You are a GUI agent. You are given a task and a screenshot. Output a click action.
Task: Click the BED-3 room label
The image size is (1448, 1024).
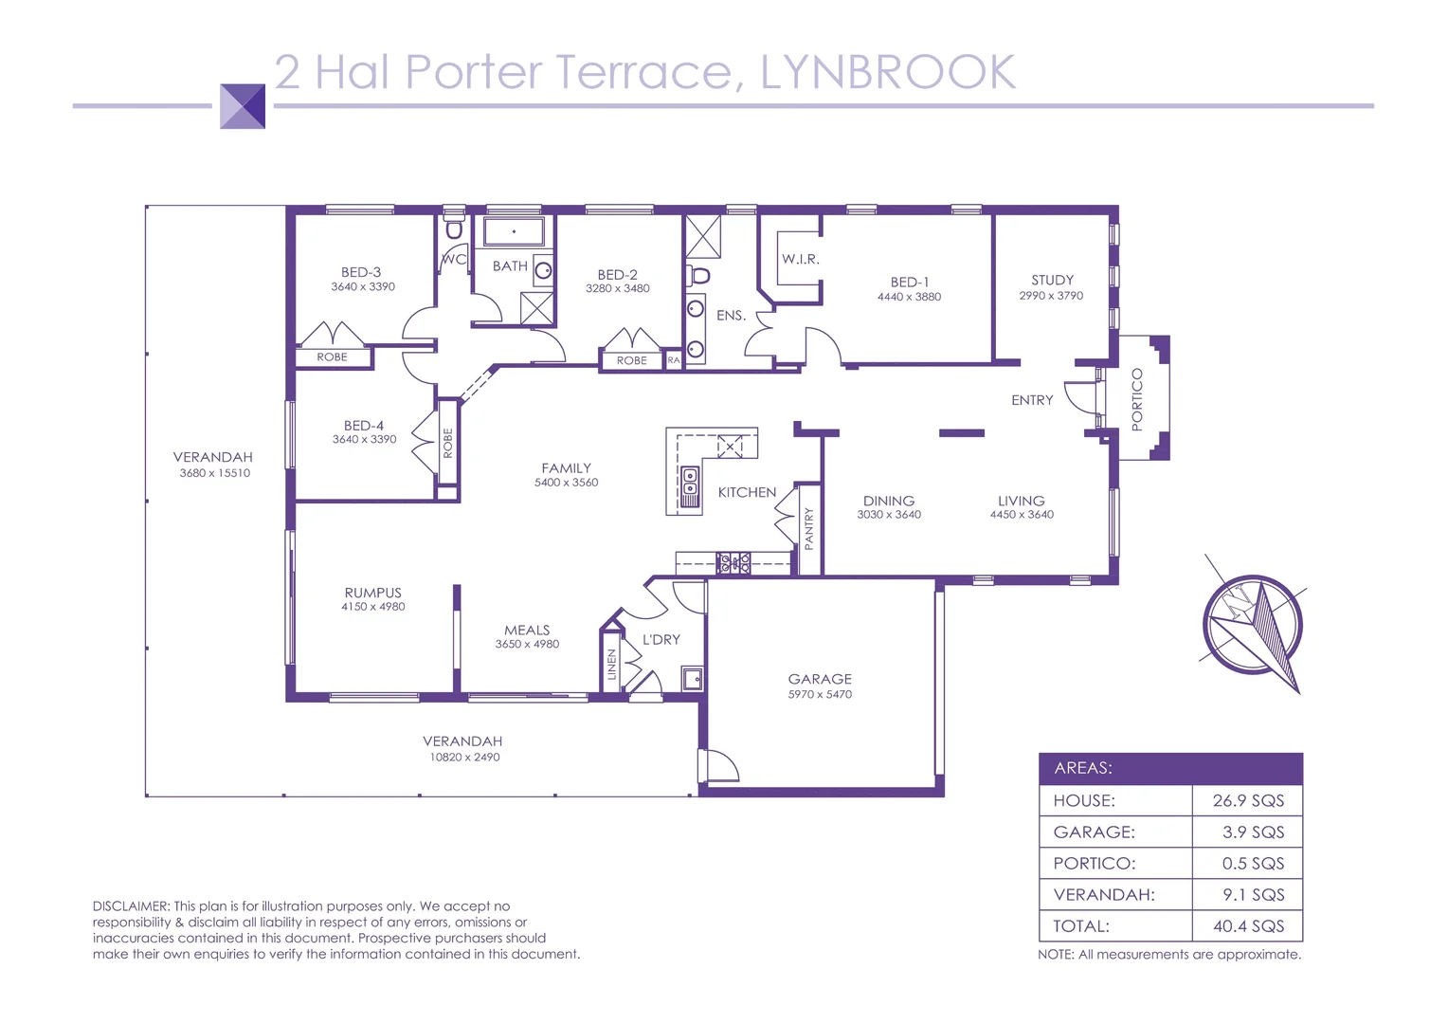(x=361, y=272)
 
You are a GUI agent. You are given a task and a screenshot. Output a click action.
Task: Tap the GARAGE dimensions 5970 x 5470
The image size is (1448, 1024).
(x=820, y=695)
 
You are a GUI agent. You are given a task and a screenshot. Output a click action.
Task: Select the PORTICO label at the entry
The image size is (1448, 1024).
(x=1137, y=399)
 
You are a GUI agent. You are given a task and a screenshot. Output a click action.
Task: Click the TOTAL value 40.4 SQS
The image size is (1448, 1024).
(x=1248, y=926)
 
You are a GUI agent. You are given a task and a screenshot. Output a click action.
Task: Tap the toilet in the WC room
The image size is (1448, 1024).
(x=454, y=229)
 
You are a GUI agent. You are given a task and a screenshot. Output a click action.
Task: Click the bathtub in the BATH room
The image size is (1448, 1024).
(x=514, y=231)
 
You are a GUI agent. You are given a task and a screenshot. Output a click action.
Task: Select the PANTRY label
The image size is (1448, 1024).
(x=809, y=528)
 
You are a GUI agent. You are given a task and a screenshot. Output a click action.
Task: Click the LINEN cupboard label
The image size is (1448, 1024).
(x=612, y=664)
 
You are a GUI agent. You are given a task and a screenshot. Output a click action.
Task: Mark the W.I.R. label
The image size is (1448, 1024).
(x=801, y=259)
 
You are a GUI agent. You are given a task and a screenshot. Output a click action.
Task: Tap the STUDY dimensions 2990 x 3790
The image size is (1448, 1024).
(x=1051, y=296)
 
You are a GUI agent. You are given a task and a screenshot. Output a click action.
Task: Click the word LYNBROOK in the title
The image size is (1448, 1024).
(x=888, y=72)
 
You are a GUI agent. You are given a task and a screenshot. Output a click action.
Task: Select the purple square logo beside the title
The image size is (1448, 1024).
(x=243, y=106)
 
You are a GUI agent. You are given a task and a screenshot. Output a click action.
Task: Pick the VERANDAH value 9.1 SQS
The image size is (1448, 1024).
(x=1253, y=895)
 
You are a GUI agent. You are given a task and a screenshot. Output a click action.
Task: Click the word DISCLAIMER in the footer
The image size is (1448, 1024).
(x=131, y=906)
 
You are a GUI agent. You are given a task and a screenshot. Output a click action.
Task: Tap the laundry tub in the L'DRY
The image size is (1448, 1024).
(x=693, y=678)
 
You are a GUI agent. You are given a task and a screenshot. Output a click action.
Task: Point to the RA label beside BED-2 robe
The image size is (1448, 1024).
(x=673, y=360)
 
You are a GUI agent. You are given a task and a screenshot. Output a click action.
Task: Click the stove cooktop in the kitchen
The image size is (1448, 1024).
(x=733, y=563)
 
